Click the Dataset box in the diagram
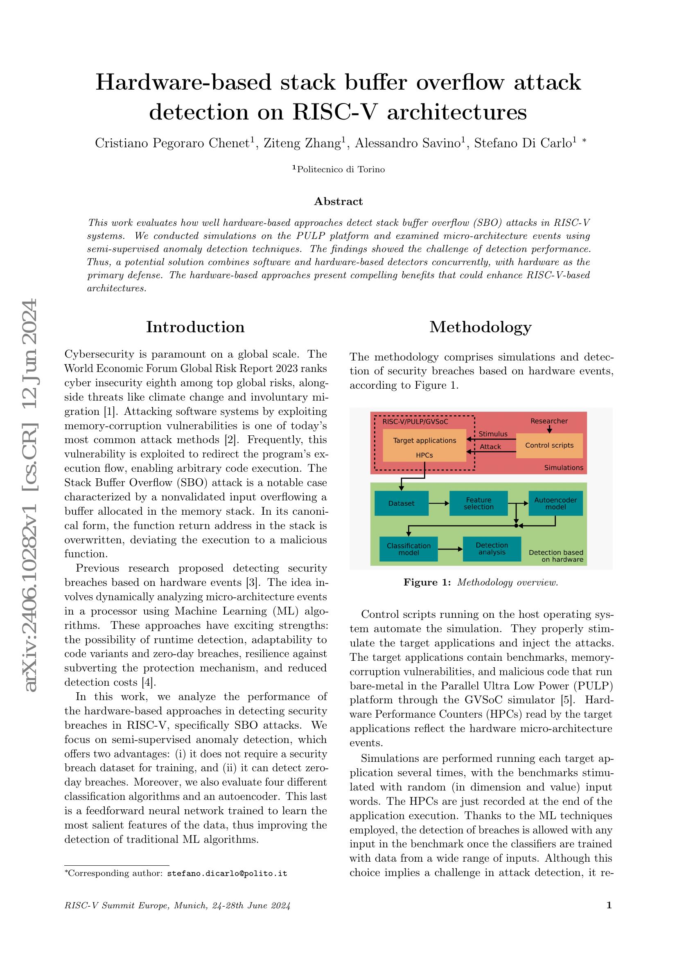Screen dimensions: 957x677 401,504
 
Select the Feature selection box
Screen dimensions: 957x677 478,504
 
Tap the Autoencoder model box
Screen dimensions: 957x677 555,504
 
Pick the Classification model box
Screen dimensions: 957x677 408,549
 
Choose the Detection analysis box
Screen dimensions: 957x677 492,549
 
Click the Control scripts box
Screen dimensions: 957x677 549,445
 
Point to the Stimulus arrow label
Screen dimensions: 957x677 493,434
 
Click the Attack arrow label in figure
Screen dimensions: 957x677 490,447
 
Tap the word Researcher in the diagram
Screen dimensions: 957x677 548,421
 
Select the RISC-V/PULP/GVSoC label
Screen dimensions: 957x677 415,421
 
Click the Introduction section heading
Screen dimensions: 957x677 195,327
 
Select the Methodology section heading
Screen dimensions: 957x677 480,327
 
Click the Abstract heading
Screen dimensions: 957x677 338,201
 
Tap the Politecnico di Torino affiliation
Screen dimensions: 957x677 341,170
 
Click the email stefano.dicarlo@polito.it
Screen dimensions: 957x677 227,873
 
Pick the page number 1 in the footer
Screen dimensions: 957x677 609,917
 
